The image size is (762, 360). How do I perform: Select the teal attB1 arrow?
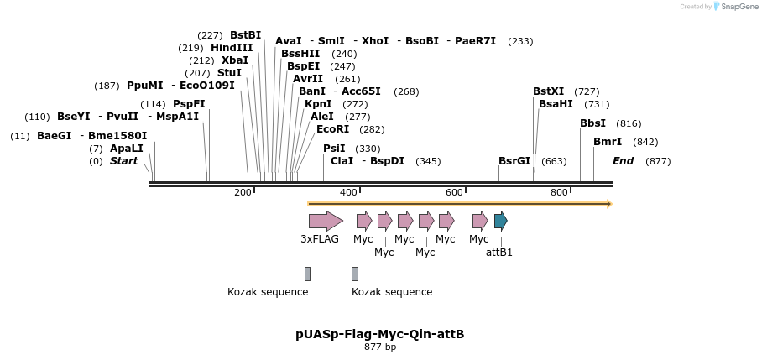pyautogui.click(x=500, y=221)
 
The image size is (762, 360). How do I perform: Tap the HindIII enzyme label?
pyautogui.click(x=232, y=48)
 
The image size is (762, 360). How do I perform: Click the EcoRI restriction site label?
pyautogui.click(x=332, y=129)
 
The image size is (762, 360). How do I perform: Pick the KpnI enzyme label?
pyautogui.click(x=318, y=104)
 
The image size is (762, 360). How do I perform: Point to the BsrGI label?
pyautogui.click(x=514, y=161)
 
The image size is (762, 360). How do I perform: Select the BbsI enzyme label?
pyautogui.click(x=592, y=123)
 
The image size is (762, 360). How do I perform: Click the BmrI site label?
pyautogui.click(x=608, y=142)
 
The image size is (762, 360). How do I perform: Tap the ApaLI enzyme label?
pyautogui.click(x=127, y=149)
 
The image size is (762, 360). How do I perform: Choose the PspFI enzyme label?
pyautogui.click(x=189, y=104)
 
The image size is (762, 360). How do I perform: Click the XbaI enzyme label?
pyautogui.click(x=235, y=60)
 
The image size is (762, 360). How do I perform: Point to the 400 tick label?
pyautogui.click(x=348, y=193)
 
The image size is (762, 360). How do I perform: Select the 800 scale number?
pyautogui.click(x=559, y=193)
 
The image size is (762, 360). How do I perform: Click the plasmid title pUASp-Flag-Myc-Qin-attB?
pyautogui.click(x=379, y=334)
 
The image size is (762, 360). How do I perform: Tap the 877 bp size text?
pyautogui.click(x=380, y=347)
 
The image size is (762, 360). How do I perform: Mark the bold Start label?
pyautogui.click(x=123, y=161)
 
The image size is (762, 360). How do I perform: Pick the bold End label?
pyautogui.click(x=623, y=161)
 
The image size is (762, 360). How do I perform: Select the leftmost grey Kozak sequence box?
pyautogui.click(x=308, y=274)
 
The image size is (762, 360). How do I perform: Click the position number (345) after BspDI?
pyautogui.click(x=428, y=161)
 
